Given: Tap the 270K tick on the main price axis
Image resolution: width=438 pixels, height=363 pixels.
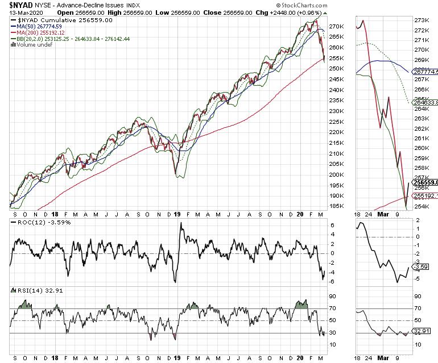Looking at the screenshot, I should point(337,26).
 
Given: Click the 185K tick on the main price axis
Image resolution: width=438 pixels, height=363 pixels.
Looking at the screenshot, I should point(337,206).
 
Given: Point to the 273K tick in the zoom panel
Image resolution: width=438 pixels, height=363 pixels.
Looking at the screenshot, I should point(422,20).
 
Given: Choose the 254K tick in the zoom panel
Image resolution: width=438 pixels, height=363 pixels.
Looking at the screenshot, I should point(422,207).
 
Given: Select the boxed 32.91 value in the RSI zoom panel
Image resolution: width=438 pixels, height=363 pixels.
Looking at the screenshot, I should point(423,331).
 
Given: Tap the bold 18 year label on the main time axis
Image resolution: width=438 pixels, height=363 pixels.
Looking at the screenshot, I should point(55,215).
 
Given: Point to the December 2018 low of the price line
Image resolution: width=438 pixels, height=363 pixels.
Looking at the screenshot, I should point(175,174).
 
